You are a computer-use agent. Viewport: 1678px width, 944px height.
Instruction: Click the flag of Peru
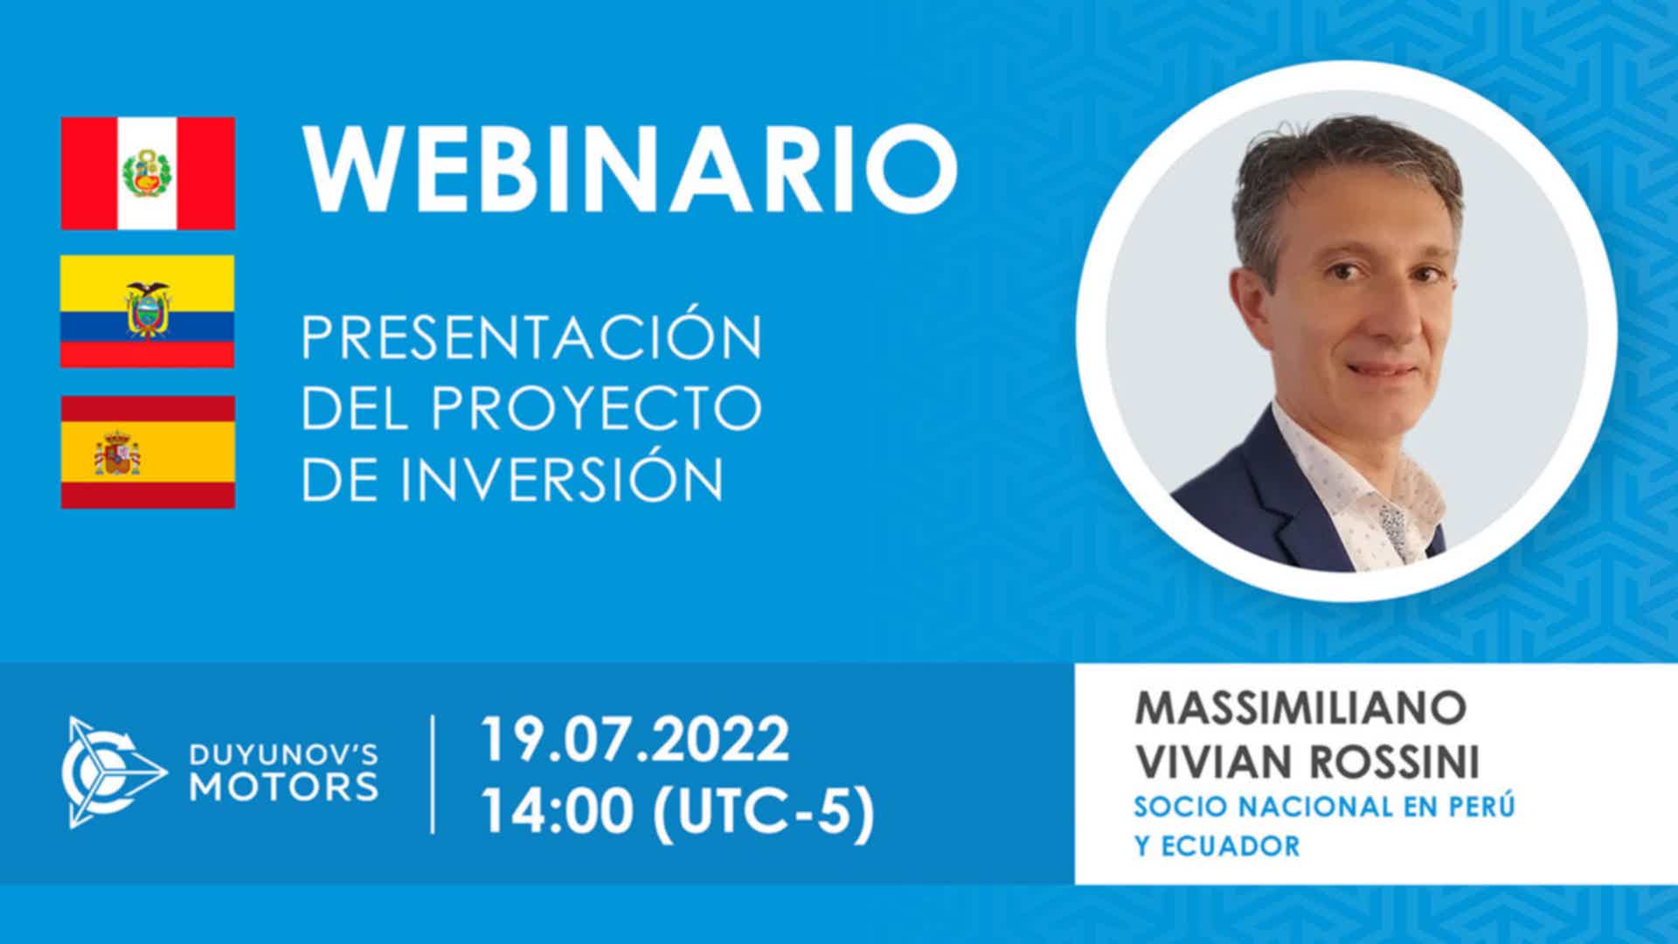pyautogui.click(x=148, y=173)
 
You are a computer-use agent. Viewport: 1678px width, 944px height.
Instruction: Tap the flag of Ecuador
pyautogui.click(x=148, y=311)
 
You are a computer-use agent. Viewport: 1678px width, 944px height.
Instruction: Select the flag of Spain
pyautogui.click(x=148, y=452)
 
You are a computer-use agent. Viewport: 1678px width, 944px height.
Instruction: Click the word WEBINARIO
pyautogui.click(x=630, y=170)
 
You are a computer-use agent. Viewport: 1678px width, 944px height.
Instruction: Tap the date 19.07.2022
pyautogui.click(x=635, y=739)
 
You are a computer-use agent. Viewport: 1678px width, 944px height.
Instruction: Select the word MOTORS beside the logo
pyautogui.click(x=285, y=786)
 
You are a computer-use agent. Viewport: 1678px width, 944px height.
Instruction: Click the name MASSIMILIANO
pyautogui.click(x=1300, y=707)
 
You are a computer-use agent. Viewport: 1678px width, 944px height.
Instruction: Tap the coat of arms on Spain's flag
pyautogui.click(x=118, y=452)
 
